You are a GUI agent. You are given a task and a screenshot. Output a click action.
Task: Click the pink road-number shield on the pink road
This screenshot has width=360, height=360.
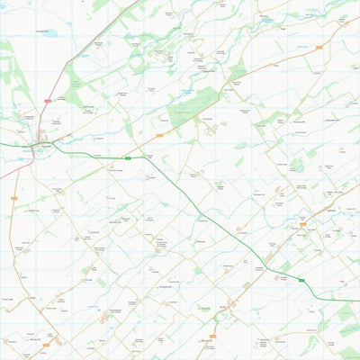click(47, 101)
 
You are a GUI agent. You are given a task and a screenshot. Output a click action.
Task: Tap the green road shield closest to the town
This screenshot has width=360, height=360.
click(128, 158)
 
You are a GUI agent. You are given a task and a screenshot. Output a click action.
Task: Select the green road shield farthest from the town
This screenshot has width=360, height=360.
click(302, 281)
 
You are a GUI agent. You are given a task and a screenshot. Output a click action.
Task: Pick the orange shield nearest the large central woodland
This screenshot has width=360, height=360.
click(158, 134)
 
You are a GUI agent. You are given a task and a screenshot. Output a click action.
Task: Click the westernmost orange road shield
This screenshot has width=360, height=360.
click(14, 198)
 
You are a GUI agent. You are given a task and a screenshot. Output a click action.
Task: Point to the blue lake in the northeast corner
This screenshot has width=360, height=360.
click(267, 18)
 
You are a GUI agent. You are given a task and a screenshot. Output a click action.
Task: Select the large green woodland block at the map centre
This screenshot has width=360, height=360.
click(192, 108)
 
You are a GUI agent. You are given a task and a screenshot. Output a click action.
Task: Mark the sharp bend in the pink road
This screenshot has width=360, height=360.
click(67, 61)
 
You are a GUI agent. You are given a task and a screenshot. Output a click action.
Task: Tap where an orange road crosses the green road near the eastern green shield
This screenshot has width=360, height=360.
click(270, 265)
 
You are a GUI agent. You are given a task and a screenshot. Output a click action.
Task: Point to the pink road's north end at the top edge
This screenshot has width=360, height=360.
click(140, 0)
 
